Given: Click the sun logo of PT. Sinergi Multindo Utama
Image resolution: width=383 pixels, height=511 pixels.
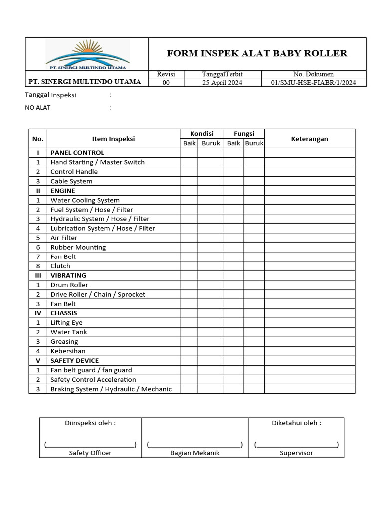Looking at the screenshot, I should click(88, 53).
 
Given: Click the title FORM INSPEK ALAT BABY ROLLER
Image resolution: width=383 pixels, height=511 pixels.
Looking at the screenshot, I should click(257, 54).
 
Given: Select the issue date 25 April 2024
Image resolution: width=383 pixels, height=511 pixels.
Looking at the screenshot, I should click(222, 83).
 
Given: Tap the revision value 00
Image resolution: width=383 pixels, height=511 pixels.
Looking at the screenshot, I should click(166, 83).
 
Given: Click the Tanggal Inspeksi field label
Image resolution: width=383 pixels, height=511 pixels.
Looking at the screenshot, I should click(51, 95).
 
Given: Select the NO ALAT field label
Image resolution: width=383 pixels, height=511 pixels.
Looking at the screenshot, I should click(38, 107).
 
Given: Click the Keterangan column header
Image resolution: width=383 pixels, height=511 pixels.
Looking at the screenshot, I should click(309, 139).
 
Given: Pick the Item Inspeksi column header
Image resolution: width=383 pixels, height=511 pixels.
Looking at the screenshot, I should click(113, 139).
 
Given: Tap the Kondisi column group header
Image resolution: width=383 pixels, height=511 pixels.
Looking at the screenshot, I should click(201, 134).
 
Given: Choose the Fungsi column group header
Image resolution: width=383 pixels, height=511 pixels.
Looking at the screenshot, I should click(244, 134).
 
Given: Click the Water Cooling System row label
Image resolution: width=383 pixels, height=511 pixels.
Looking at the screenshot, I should click(85, 200).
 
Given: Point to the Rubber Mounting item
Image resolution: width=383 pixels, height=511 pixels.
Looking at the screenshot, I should click(78, 247).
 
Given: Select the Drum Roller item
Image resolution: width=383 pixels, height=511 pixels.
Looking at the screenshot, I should click(69, 285).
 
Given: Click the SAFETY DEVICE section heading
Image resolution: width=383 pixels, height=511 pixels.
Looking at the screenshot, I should click(74, 360).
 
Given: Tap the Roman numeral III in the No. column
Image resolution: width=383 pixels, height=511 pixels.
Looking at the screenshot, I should click(38, 275).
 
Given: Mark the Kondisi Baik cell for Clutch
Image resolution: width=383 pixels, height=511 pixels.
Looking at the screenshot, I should click(189, 266).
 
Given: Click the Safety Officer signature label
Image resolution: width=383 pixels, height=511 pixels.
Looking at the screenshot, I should click(90, 453).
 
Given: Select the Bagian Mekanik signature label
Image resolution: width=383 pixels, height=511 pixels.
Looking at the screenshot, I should click(194, 453).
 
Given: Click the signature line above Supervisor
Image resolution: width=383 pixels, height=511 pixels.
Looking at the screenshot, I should click(296, 444).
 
